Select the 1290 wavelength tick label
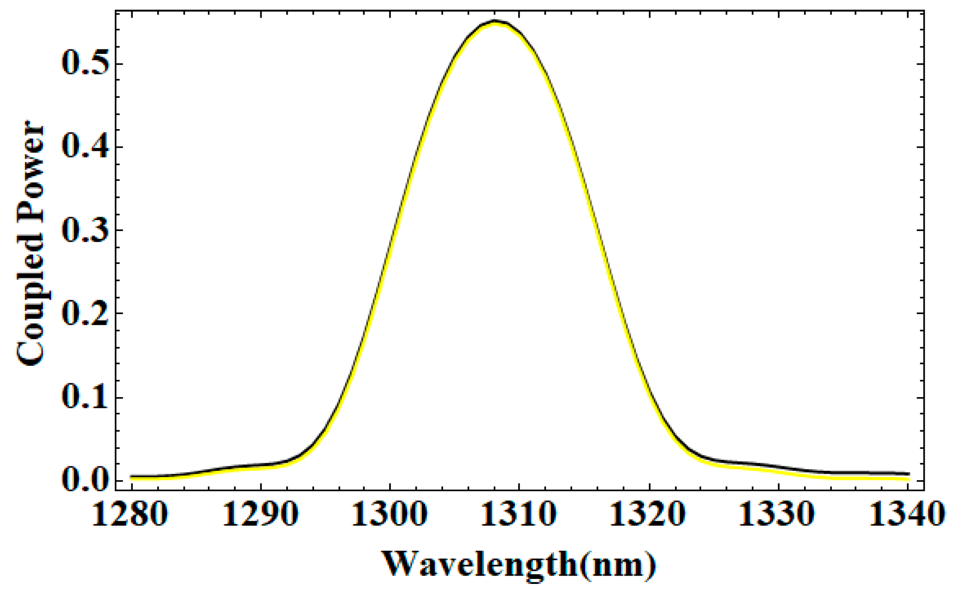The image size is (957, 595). coord(260,514)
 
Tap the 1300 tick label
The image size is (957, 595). coord(390,514)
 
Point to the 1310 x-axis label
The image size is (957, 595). coord(519,514)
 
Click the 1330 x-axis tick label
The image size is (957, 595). coord(778,514)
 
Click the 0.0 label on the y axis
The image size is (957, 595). coord(85,480)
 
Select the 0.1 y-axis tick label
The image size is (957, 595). coord(85,397)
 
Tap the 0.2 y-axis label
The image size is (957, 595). coord(85,313)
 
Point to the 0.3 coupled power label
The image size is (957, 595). coord(85,230)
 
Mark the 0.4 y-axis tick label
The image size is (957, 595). coord(85,147)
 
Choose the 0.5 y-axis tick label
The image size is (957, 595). coord(85,64)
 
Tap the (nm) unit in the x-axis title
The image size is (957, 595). coord(618,564)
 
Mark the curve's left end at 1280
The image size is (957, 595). coord(131,477)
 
